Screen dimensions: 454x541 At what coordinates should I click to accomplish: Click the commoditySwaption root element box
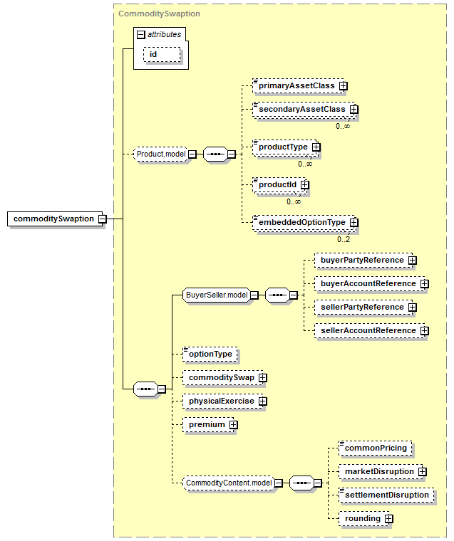(55, 219)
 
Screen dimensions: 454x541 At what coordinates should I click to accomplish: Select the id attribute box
(162, 55)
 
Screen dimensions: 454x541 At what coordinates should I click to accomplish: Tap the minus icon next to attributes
(140, 34)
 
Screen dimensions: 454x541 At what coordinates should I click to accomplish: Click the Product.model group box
(161, 154)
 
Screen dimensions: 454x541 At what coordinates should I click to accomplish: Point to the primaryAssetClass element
(298, 85)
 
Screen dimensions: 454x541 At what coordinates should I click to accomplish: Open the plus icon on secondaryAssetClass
(354, 110)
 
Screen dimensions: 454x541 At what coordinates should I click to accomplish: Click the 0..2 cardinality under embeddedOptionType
(344, 239)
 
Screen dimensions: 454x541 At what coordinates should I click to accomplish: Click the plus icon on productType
(316, 147)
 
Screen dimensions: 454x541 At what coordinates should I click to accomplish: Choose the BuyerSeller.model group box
(217, 295)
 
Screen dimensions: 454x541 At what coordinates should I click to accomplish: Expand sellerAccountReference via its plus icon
(425, 331)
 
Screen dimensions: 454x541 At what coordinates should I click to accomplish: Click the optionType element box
(210, 354)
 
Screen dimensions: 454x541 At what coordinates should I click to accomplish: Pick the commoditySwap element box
(222, 378)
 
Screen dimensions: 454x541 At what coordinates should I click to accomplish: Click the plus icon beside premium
(234, 425)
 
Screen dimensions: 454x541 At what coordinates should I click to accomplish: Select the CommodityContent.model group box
(229, 483)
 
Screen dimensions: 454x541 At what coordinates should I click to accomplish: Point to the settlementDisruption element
(386, 495)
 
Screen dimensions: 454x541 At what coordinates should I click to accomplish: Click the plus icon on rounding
(389, 518)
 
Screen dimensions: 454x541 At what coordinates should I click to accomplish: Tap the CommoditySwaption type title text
(159, 14)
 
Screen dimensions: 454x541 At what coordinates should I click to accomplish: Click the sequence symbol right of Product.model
(216, 154)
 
